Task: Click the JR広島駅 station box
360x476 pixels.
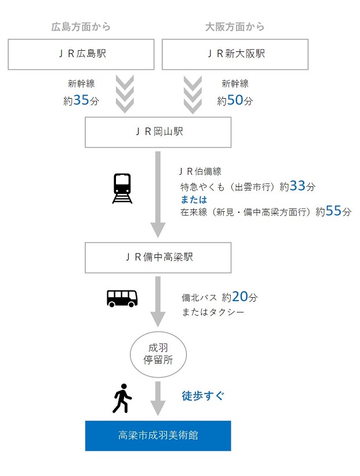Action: point(81,55)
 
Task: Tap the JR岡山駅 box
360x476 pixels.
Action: point(158,132)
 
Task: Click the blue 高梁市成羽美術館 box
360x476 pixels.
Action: point(158,436)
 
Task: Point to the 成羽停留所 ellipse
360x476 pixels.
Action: point(158,354)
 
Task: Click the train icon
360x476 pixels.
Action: point(122,188)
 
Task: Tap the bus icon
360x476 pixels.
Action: point(122,298)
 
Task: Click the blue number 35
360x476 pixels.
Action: point(81,100)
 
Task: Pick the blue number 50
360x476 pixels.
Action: point(235,100)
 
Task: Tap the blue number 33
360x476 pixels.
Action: point(297,186)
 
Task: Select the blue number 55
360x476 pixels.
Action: point(333,211)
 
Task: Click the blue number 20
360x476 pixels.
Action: point(239,297)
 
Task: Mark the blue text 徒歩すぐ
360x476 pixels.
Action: point(202,396)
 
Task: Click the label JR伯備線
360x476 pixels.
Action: point(200,172)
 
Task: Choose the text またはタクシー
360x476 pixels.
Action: point(212,313)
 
